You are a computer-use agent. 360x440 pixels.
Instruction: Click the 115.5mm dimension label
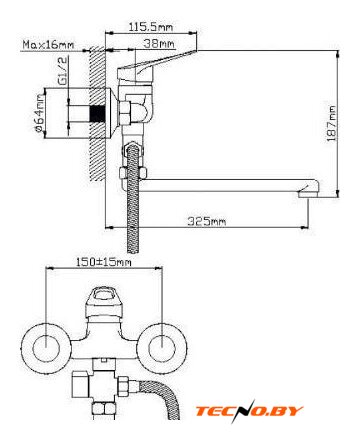151,26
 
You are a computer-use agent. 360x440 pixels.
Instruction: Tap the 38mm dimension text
159,43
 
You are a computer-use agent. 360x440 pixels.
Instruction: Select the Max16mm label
48,44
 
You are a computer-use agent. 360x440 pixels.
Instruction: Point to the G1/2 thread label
63,70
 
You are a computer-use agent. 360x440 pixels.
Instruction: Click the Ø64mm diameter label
39,112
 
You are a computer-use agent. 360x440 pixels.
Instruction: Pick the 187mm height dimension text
332,123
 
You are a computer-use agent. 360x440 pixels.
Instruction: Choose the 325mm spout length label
206,221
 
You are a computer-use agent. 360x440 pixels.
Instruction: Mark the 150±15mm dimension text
104,262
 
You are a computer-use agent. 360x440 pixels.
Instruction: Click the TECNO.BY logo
249,411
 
